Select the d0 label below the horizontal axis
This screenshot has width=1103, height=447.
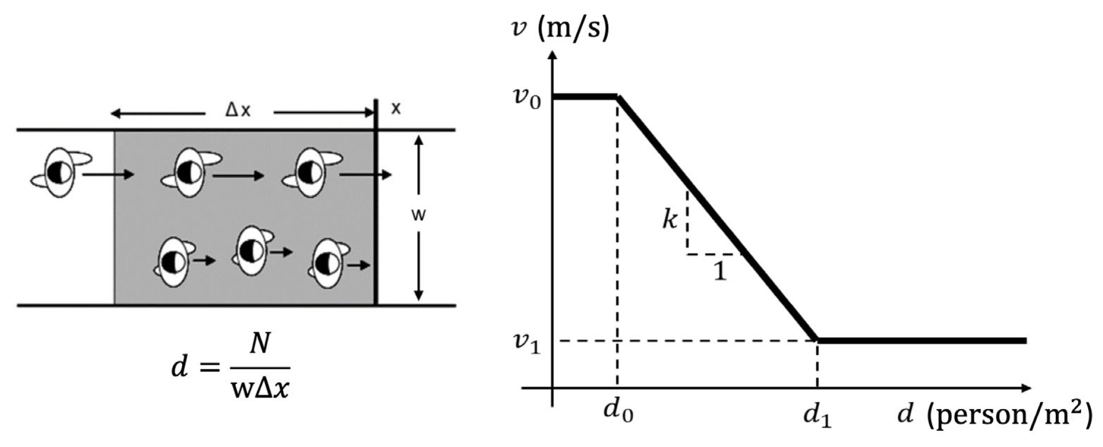tap(618, 411)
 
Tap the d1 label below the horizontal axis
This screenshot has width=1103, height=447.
tap(817, 415)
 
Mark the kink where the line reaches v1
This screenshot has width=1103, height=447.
tap(817, 340)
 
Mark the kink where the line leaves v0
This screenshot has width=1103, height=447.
tap(618, 97)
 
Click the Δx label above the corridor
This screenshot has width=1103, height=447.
tap(238, 110)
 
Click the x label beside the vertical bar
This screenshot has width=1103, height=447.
tap(396, 108)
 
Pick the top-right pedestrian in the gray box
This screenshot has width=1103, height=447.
tap(311, 172)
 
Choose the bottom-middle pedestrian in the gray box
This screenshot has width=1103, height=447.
tap(252, 251)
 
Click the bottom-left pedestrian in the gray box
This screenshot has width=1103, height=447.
tap(173, 262)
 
